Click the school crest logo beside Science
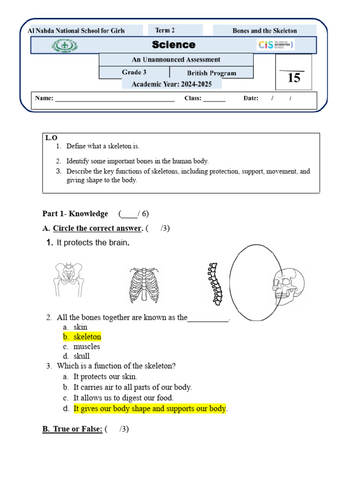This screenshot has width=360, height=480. [x=65, y=45]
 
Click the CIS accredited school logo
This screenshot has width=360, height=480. [x=276, y=45]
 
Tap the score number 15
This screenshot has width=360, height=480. [x=293, y=78]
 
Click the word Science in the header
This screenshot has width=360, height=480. [x=173, y=45]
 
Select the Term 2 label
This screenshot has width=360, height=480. [x=165, y=30]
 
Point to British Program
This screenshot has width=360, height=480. [x=211, y=73]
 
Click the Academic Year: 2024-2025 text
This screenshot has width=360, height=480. [x=172, y=84]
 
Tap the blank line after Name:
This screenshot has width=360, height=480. [x=115, y=99]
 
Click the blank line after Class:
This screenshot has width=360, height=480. [x=214, y=99]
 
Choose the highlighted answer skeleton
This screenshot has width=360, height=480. [x=87, y=337]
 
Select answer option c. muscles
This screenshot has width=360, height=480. [x=86, y=347]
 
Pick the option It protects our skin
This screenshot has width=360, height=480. [x=105, y=376]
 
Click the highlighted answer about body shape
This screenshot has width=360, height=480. [x=150, y=409]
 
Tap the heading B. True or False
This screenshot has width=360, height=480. [x=72, y=429]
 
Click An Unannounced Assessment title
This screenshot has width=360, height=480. [x=176, y=60]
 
